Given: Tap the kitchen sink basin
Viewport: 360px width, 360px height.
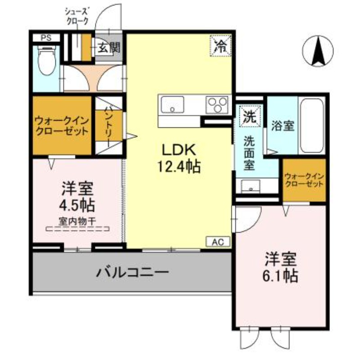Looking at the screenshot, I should (171, 105).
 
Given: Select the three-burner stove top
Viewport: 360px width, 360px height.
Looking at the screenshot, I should (217, 105).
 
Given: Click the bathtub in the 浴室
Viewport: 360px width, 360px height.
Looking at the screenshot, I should (312, 126).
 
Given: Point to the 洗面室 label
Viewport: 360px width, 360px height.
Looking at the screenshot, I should (249, 153).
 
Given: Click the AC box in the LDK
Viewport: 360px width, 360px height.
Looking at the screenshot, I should (218, 242).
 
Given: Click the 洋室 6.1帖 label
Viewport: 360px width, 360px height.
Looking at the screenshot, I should (282, 267).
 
